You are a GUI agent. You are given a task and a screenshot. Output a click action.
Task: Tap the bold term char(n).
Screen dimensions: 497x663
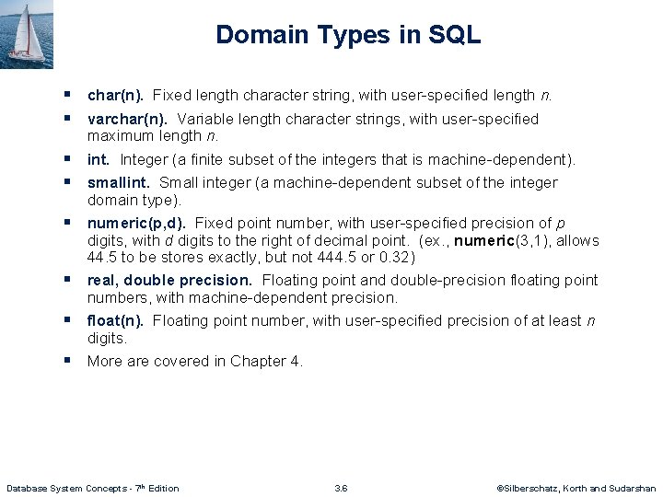(115, 95)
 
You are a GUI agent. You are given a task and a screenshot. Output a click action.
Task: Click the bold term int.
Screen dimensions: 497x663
(99, 159)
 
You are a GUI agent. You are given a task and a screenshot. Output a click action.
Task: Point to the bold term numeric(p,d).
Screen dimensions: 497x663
(136, 223)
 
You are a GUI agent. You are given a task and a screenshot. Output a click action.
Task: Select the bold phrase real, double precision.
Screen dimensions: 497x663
(169, 280)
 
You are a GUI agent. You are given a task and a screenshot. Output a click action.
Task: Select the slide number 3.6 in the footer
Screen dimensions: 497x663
(341, 488)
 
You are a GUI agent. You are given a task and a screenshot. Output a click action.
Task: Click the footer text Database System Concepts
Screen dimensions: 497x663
(64, 488)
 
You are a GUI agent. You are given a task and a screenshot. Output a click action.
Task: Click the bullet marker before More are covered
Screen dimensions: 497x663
(68, 360)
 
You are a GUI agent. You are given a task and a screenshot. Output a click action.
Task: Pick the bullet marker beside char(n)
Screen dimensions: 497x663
(68, 94)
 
